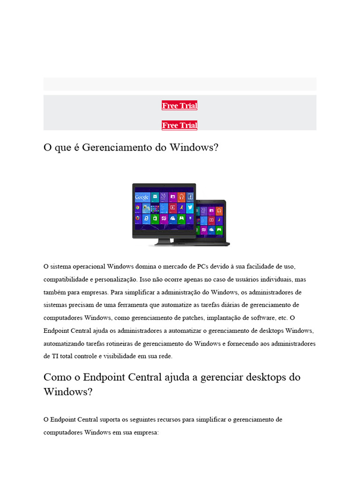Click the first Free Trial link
point(180,105)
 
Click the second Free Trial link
point(180,125)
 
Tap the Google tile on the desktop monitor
point(142,197)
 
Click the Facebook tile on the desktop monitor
point(190,196)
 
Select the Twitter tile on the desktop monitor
point(190,207)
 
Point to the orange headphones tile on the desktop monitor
point(181,196)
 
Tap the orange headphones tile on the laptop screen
point(218,210)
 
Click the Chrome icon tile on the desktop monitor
point(138,207)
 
